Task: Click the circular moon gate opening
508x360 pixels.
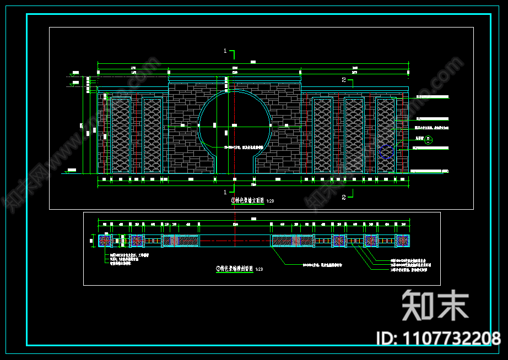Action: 234,126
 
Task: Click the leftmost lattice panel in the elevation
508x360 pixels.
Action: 120,135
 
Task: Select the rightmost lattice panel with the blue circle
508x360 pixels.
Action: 386,135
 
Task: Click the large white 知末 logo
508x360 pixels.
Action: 435,304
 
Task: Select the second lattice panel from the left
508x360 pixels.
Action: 152,135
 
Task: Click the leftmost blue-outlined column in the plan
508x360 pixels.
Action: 105,241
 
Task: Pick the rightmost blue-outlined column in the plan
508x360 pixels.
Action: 403,241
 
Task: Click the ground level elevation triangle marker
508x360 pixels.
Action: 67,171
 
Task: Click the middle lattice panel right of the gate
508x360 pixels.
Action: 354,135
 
